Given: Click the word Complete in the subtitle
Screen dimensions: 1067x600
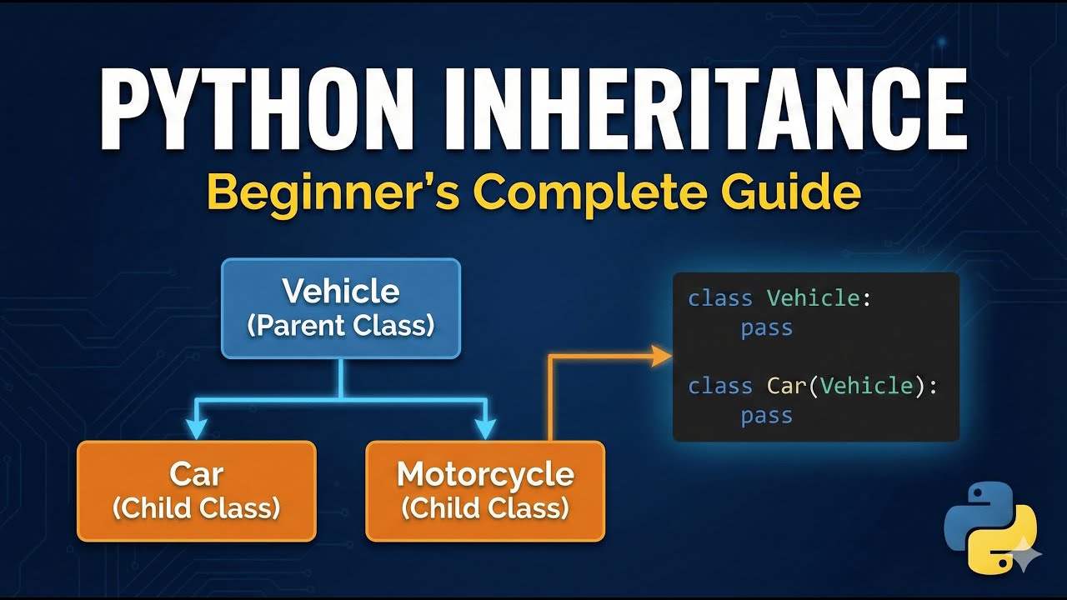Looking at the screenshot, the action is [x=589, y=193].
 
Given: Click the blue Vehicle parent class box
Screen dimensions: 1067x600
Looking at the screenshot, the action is [x=341, y=308].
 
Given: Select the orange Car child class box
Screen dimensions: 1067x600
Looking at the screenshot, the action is [x=197, y=491].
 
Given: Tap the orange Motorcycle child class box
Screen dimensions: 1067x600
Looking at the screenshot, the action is [x=485, y=491].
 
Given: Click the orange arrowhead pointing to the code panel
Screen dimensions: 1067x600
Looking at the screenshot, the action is [x=661, y=356].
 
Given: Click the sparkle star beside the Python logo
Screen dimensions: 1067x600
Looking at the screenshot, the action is [x=1026, y=555].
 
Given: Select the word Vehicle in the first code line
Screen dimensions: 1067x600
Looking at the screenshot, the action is [x=813, y=298].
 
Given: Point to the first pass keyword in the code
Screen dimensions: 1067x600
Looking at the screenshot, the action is [x=766, y=328].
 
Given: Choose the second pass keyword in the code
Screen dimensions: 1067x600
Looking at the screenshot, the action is [x=766, y=416].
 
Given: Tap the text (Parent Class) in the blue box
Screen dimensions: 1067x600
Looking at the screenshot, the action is [x=341, y=326].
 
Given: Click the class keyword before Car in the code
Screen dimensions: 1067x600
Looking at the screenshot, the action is [x=720, y=386].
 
